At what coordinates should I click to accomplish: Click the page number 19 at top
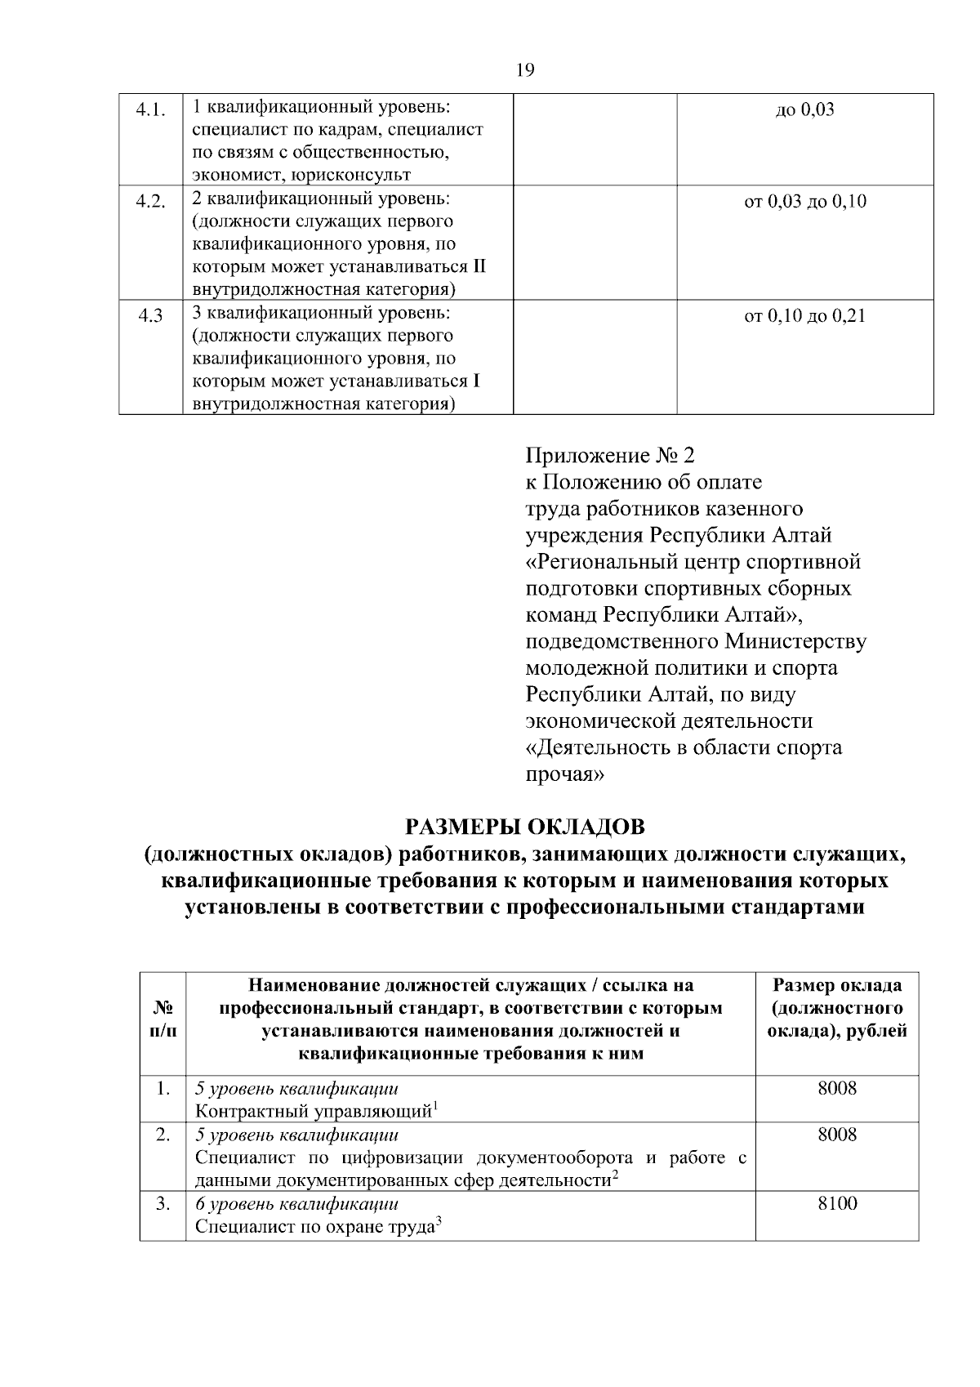tap(525, 70)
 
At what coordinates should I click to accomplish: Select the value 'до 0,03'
tap(804, 109)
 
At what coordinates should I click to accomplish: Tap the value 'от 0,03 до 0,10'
tap(804, 201)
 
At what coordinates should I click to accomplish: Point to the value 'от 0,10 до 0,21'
tap(804, 315)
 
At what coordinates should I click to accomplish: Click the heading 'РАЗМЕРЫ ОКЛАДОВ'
tap(525, 827)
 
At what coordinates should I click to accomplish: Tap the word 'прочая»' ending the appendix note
tap(564, 774)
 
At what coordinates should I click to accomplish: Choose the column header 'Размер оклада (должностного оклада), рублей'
tap(837, 1008)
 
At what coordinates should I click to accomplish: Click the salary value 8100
tap(837, 1203)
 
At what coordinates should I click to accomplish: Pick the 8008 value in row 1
tap(837, 1088)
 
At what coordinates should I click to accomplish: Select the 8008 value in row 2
tap(837, 1134)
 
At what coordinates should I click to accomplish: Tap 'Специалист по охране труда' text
tap(314, 1227)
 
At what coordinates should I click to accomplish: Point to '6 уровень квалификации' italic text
tap(296, 1204)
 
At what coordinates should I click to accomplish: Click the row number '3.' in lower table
tap(163, 1203)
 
